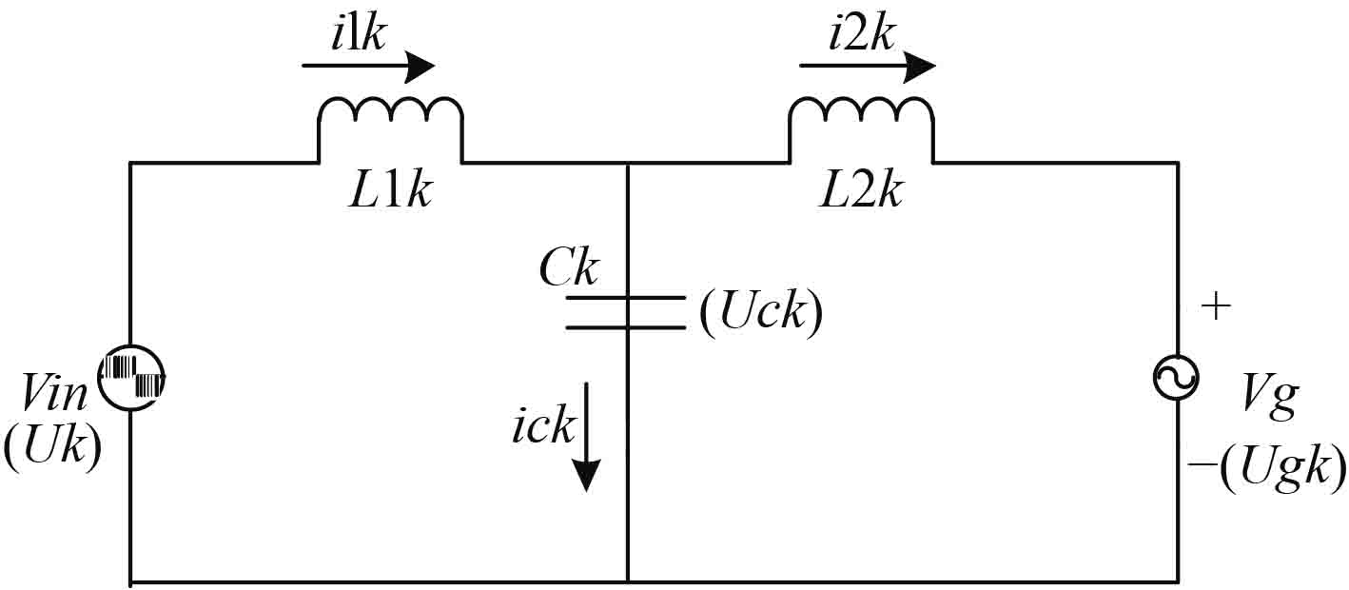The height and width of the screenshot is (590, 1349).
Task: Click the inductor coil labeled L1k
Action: click(390, 119)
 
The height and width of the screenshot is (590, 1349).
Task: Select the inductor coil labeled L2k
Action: click(861, 119)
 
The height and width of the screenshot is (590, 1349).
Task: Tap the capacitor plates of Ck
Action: click(626, 313)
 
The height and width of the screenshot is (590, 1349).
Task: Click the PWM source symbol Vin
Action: click(133, 379)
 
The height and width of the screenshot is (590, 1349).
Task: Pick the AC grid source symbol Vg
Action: click(1177, 379)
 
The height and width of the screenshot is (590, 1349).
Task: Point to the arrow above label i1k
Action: click(368, 67)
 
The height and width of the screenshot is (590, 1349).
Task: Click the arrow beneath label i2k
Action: click(867, 67)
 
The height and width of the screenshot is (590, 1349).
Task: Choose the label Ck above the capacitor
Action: click(568, 269)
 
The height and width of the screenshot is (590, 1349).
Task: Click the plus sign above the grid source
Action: click(1216, 305)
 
